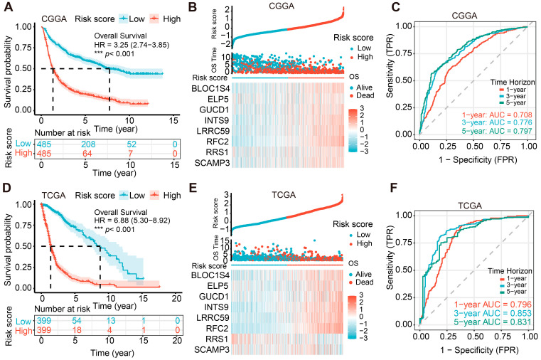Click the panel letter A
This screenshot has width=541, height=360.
click(8, 7)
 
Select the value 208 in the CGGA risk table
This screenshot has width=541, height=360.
click(88, 144)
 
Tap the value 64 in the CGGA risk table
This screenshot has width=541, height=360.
click(87, 153)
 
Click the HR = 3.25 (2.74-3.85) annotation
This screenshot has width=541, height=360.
click(132, 45)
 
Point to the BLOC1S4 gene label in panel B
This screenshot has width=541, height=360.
click(210, 89)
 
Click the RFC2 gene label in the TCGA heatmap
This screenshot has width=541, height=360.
click(217, 328)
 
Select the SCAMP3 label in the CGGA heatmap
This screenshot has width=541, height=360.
click(212, 163)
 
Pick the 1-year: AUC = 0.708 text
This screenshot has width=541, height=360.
click(497, 115)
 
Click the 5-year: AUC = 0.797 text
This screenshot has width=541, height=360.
click(497, 131)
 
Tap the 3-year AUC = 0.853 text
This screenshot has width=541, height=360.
click(493, 313)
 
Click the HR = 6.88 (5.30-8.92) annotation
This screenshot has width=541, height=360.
click(132, 221)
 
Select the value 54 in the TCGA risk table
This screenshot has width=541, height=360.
click(77, 321)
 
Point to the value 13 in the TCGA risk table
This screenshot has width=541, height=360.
click(110, 321)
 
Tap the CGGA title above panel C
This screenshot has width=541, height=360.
click(464, 16)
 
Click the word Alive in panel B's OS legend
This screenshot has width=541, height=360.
click(364, 88)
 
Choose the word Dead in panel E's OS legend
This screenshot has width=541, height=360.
click(365, 282)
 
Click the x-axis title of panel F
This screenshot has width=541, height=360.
click(479, 350)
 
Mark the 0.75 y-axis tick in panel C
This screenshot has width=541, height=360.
click(404, 53)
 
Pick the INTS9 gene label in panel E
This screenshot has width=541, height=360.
click(216, 307)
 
